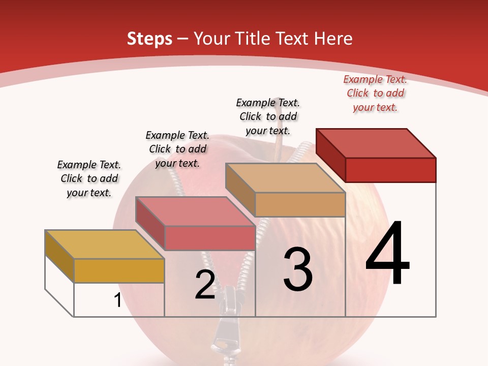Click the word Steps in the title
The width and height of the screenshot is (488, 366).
pyautogui.click(x=149, y=39)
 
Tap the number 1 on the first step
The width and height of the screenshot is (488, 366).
pyautogui.click(x=117, y=300)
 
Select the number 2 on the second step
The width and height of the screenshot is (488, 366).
pyautogui.click(x=205, y=285)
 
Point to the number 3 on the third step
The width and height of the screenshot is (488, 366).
pyautogui.click(x=298, y=269)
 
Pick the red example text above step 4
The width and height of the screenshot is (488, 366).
pyautogui.click(x=375, y=94)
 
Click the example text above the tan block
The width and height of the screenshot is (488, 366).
pyautogui.click(x=268, y=116)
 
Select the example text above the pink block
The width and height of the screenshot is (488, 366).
pyautogui.click(x=177, y=149)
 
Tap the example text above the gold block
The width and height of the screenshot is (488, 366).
pyautogui.click(x=89, y=178)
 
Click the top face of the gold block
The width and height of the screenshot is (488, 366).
pyautogui.click(x=104, y=245)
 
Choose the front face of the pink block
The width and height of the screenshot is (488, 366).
pyautogui.click(x=210, y=238)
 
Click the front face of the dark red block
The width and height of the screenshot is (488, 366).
pyautogui.click(x=390, y=170)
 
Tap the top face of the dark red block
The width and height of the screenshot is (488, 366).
pyautogui.click(x=376, y=143)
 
